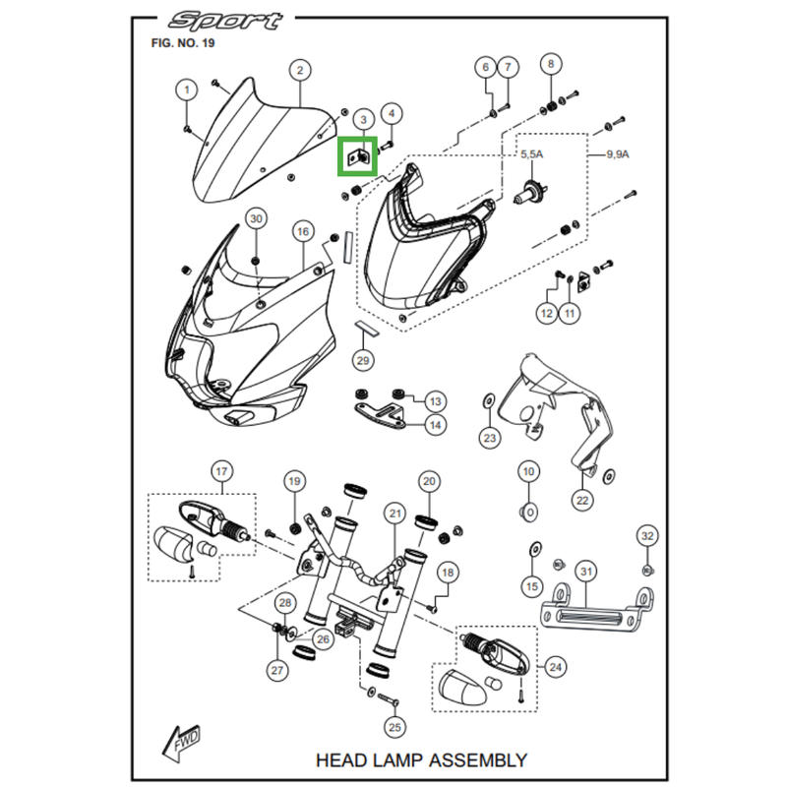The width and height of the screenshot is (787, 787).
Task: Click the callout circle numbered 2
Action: pyautogui.click(x=299, y=70)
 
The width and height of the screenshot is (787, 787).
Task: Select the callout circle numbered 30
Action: pyautogui.click(x=255, y=217)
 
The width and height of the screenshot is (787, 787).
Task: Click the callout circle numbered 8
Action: pyautogui.click(x=550, y=65)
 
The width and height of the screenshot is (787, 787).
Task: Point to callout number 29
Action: pyautogui.click(x=363, y=361)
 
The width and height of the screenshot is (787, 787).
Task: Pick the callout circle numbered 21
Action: pyautogui.click(x=395, y=513)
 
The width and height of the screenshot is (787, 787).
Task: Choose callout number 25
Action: pyautogui.click(x=395, y=728)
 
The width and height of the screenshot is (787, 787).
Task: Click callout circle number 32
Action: pyautogui.click(x=646, y=536)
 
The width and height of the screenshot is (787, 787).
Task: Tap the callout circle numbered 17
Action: pyautogui.click(x=220, y=470)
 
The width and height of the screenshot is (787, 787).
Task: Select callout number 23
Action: pyautogui.click(x=490, y=437)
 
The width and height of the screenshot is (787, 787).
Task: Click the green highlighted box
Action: pyautogui.click(x=356, y=155)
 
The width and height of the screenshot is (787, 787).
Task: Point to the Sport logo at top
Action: pyautogui.click(x=225, y=21)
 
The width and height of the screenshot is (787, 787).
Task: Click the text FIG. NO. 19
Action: pyautogui.click(x=183, y=43)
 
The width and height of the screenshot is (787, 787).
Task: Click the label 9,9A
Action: pyautogui.click(x=618, y=155)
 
